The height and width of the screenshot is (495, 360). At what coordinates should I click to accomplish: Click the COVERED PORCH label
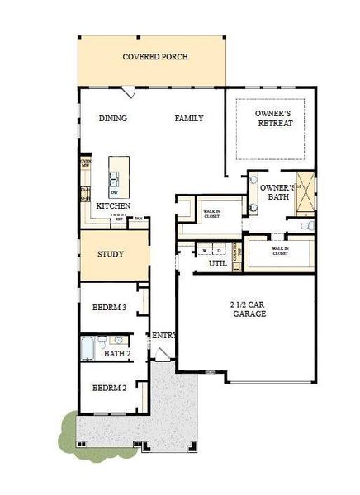(x=155, y=57)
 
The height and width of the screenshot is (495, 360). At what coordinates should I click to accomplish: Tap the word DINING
(x=113, y=119)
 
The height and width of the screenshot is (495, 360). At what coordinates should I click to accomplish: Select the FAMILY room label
(x=189, y=119)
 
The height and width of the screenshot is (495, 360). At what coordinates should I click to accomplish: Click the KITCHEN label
(x=113, y=205)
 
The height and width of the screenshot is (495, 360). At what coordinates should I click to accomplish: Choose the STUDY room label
(x=111, y=254)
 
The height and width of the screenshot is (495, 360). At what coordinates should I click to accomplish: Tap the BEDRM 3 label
(x=109, y=307)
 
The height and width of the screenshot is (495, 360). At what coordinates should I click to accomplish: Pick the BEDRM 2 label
(x=109, y=388)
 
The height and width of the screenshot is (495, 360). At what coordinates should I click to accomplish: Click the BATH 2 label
(x=117, y=354)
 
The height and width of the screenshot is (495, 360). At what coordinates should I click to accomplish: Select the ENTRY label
(x=162, y=335)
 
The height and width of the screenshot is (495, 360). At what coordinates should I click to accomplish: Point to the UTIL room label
(x=218, y=263)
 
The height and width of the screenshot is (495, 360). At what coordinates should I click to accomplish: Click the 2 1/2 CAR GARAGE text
(x=248, y=309)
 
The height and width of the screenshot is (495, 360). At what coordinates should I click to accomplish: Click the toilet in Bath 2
(x=102, y=340)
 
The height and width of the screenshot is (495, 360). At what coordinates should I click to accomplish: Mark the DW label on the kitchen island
(x=114, y=192)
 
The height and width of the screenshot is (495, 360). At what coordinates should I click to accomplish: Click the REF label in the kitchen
(x=120, y=219)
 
